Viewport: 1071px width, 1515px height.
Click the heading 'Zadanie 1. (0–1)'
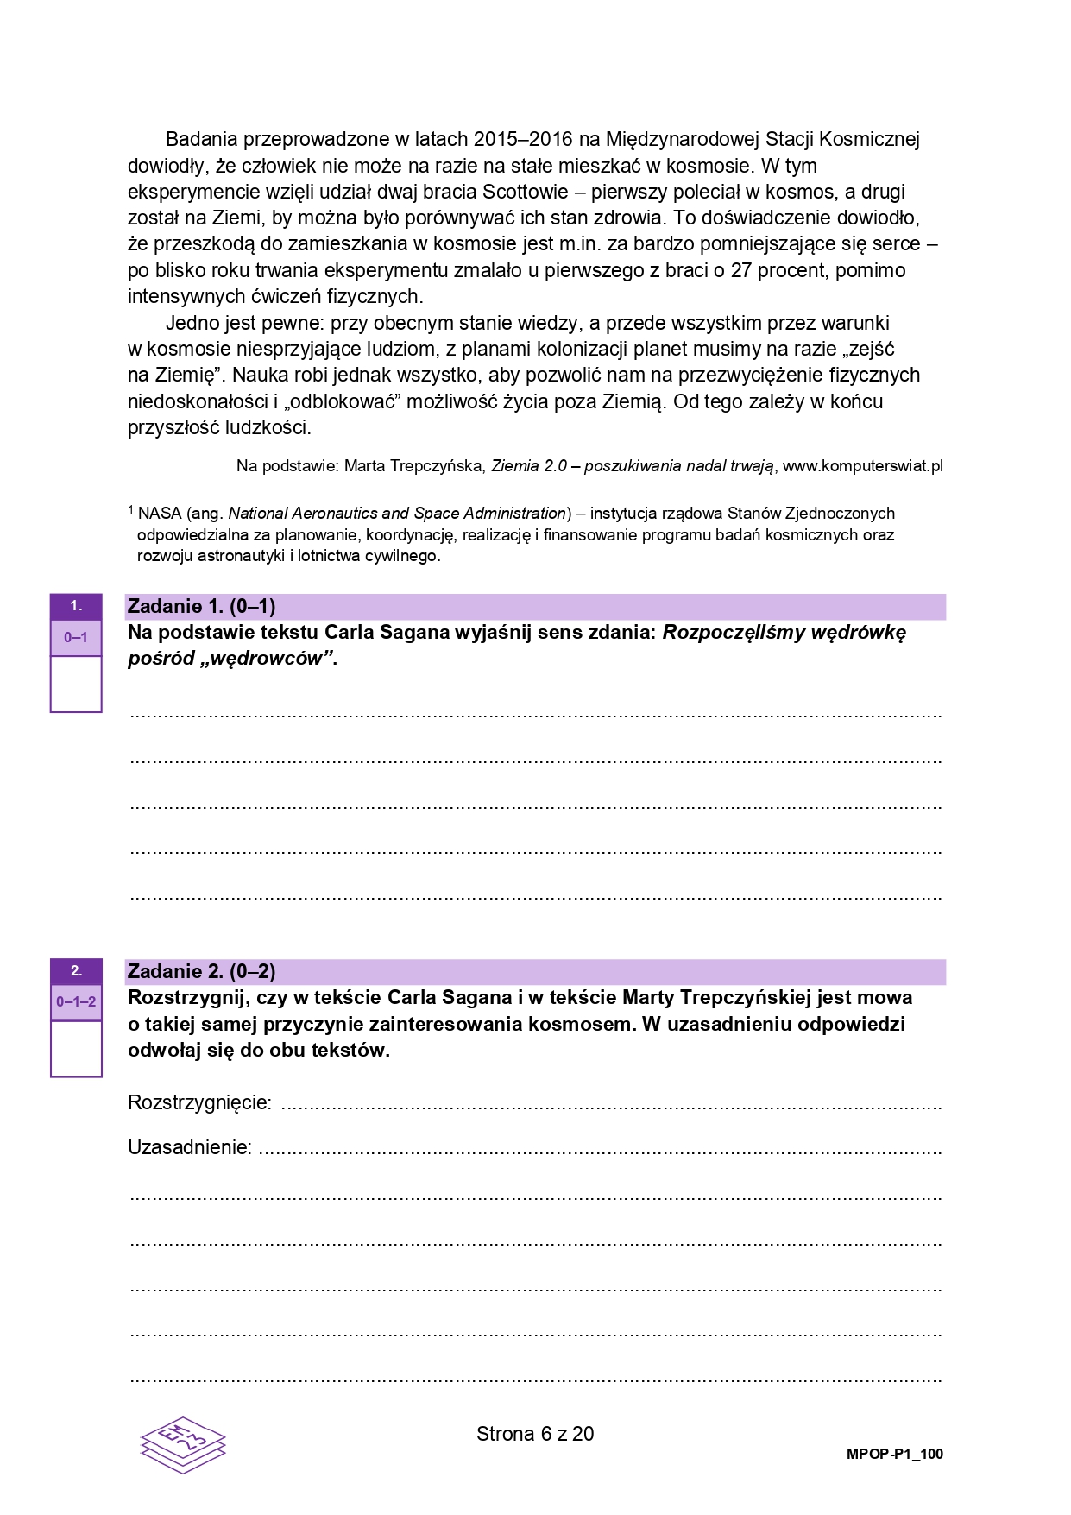coord(201,606)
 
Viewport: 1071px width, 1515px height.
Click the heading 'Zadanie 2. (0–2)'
coord(201,971)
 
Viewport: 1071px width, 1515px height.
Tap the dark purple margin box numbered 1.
coord(76,606)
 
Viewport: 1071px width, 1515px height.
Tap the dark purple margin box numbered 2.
coord(76,971)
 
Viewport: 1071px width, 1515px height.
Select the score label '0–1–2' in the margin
coord(76,1002)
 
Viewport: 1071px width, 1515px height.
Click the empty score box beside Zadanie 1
coord(76,684)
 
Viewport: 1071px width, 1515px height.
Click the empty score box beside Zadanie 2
coord(76,1048)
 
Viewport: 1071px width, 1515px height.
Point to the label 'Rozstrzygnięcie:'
coord(199,1102)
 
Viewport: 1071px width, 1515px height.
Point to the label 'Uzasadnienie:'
coord(189,1147)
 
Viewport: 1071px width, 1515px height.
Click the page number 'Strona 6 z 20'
coord(535,1434)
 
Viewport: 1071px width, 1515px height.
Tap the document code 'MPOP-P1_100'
coord(894,1454)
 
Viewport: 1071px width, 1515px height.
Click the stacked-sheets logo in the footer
coord(183,1442)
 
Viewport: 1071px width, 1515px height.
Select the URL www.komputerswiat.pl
coord(862,466)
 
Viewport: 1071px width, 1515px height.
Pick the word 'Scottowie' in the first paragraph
coord(526,192)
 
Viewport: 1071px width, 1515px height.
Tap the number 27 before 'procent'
coord(741,270)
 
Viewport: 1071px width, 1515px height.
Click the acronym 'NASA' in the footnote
coord(159,514)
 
